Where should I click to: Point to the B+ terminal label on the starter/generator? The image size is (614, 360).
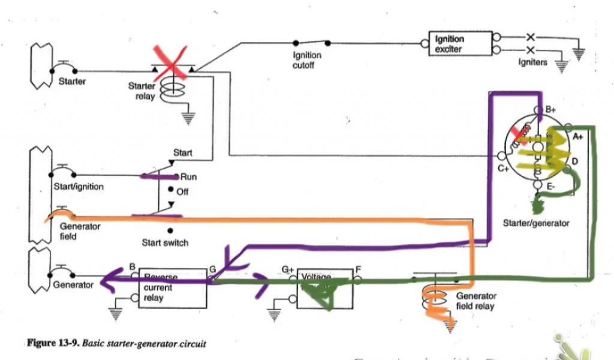tap(551, 110)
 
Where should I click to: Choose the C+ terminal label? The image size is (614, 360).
tap(502, 170)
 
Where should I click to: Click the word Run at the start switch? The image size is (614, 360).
tap(188, 177)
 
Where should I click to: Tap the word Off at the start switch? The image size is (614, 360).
tap(182, 192)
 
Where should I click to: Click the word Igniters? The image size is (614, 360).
tap(532, 62)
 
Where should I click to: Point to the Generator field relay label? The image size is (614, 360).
tap(476, 301)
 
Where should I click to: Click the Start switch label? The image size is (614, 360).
tap(165, 243)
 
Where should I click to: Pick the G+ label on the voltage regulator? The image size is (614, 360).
tap(290, 270)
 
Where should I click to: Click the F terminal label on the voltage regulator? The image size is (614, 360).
tap(358, 269)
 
